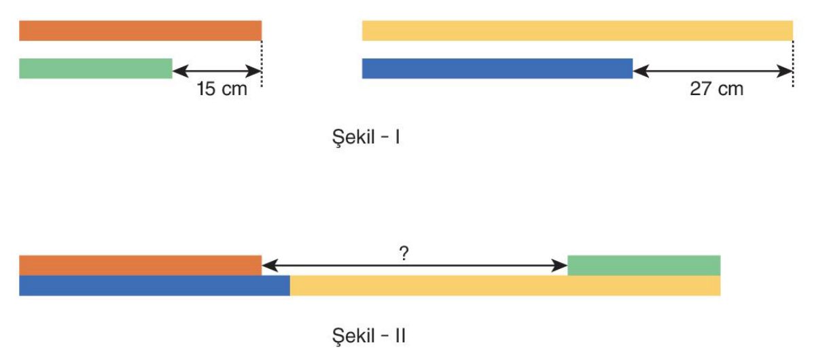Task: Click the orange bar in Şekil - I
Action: click(140, 31)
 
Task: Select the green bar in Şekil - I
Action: click(96, 69)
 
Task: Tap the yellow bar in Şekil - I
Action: click(578, 31)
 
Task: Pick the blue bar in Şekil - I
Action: click(497, 69)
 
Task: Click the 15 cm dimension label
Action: click(222, 89)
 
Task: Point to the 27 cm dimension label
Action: click(717, 89)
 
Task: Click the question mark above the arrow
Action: click(404, 253)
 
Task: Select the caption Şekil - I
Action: click(366, 138)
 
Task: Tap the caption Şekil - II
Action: click(369, 336)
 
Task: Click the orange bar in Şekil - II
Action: click(140, 266)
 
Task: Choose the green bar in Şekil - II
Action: click(644, 266)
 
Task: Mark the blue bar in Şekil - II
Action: click(155, 286)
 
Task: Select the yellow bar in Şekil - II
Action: click(506, 286)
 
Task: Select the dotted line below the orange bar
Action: click(262, 64)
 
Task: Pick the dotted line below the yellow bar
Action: click(793, 64)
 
